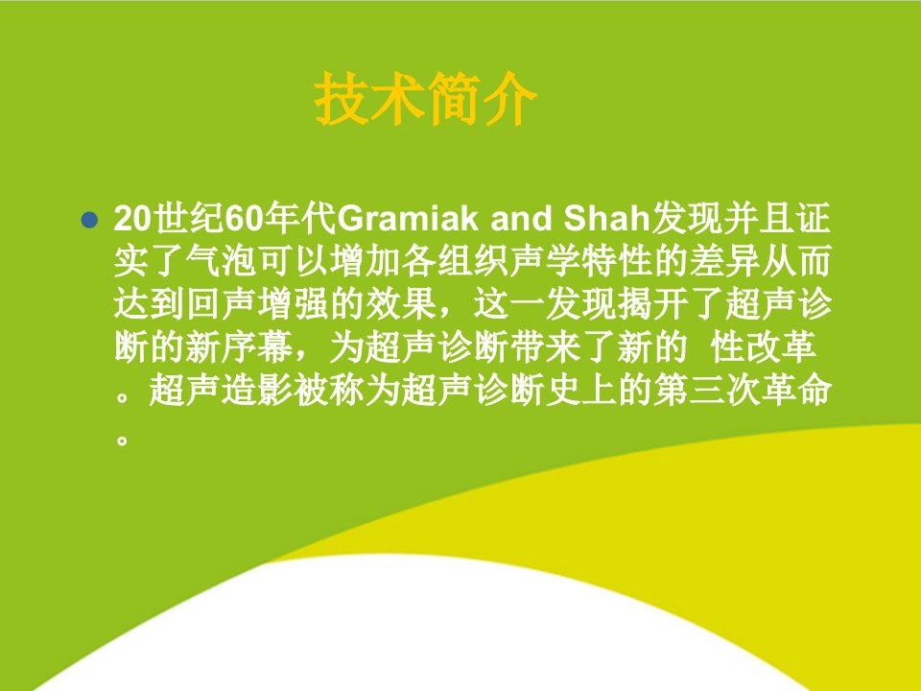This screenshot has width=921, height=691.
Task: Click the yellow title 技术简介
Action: click(425, 99)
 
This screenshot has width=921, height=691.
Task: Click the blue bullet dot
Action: click(89, 221)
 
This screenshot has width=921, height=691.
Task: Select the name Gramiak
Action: click(409, 219)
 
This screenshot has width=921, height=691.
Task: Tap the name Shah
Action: click(606, 218)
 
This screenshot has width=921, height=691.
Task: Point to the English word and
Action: click(521, 218)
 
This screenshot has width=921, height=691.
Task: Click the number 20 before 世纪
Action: click(132, 219)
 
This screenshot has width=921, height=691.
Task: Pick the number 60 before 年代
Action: click(245, 219)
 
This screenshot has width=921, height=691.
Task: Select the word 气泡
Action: click(222, 261)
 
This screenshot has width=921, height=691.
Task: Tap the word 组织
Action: click(474, 261)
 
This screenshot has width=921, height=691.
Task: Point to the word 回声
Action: click(222, 304)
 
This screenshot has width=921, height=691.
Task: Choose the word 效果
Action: click(402, 304)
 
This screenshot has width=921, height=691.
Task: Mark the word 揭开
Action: click(653, 304)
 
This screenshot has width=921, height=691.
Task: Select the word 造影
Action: click(257, 390)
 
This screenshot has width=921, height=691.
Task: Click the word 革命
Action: click(797, 390)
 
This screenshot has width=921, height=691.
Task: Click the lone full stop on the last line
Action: click(122, 439)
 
